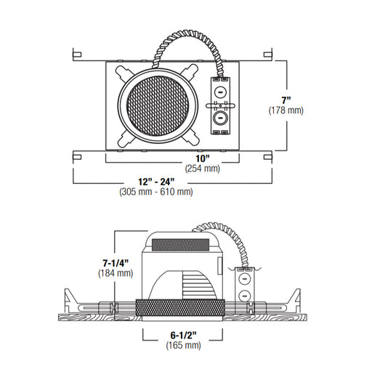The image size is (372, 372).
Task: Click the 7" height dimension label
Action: pyautogui.click(x=286, y=100)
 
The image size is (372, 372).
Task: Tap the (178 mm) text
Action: pyautogui.click(x=286, y=110)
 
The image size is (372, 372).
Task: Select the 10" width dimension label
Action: pyautogui.click(x=203, y=158)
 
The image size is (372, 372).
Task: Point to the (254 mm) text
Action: pyautogui.click(x=203, y=169)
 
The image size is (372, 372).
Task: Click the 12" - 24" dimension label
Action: pyautogui.click(x=156, y=182)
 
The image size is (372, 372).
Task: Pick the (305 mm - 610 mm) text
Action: pyautogui.click(x=156, y=192)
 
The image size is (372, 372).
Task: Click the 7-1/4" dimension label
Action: pyautogui.click(x=116, y=263)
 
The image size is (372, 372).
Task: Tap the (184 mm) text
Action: pyautogui.click(x=116, y=273)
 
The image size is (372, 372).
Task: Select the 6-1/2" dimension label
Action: pyautogui.click(x=183, y=335)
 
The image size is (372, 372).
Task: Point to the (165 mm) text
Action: pyautogui.click(x=183, y=345)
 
